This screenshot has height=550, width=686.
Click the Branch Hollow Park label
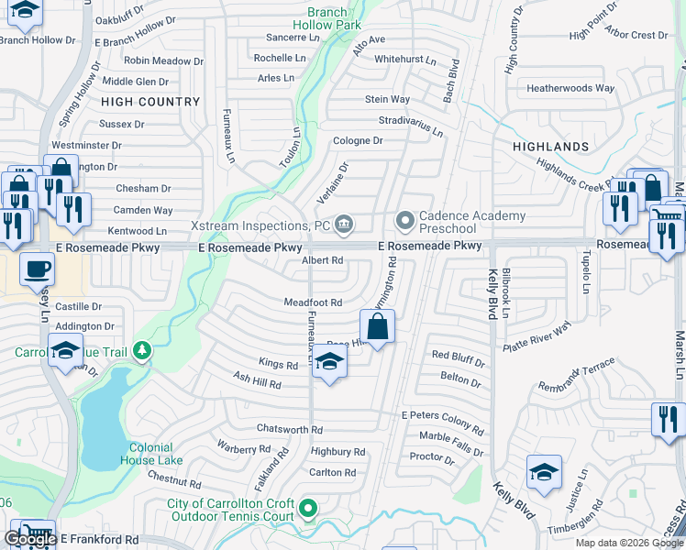tap(327, 19)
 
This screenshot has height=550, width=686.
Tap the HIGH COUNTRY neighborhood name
tap(150, 102)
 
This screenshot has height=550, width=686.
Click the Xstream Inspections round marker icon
tap(344, 223)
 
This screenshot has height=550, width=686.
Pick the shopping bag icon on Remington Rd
tap(378, 325)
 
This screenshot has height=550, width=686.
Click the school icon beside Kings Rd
tap(329, 363)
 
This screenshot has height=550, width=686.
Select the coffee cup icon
tap(37, 269)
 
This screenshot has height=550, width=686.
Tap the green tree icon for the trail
tap(141, 350)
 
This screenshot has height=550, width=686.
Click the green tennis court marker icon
tap(309, 507)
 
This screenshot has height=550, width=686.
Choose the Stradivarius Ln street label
tap(411, 126)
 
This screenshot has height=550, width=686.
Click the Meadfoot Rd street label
tap(313, 302)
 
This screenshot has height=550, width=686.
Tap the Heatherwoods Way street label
tap(570, 89)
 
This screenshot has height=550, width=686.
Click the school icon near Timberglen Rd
tap(544, 472)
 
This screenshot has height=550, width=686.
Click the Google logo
tap(29, 539)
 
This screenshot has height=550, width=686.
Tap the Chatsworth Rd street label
tap(290, 429)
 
